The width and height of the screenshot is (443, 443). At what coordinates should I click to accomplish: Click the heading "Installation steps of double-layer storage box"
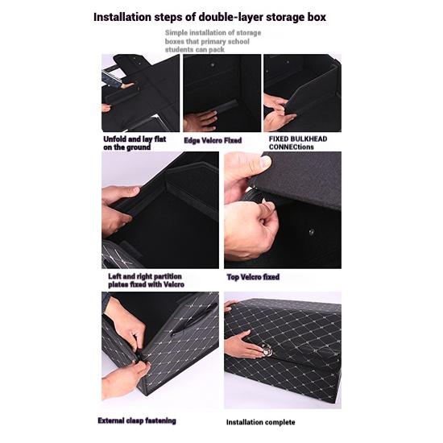tap(209, 17)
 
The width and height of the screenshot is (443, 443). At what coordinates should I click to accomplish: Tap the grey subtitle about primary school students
tap(213, 41)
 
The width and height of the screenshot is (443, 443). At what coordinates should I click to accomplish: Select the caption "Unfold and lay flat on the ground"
tap(135, 143)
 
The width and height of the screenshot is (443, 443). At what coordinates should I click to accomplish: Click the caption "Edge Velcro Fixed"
tap(213, 140)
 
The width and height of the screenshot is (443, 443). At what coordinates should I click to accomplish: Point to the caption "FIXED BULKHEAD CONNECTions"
tap(298, 143)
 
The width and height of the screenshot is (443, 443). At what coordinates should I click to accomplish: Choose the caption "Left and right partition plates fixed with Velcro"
tap(146, 280)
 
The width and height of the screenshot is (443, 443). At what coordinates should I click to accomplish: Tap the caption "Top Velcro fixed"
tap(253, 277)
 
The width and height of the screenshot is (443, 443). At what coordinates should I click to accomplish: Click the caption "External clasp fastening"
tap(137, 420)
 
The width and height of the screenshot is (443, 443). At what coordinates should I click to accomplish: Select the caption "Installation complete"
tap(260, 422)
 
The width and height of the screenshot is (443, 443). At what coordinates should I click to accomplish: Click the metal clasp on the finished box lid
tap(267, 350)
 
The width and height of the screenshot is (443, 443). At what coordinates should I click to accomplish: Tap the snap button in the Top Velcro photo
tap(311, 232)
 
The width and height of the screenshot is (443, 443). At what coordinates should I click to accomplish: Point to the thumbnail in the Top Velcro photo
tap(266, 162)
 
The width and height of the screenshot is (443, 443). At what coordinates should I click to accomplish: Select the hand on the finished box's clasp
tap(243, 344)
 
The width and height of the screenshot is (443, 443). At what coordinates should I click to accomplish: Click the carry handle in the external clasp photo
tap(195, 318)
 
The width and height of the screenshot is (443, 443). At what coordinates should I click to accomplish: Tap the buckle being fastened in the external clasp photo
tap(139, 357)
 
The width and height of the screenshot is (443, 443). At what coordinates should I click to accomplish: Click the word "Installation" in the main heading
tap(122, 17)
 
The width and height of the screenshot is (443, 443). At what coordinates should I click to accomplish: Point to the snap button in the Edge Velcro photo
tap(213, 65)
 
